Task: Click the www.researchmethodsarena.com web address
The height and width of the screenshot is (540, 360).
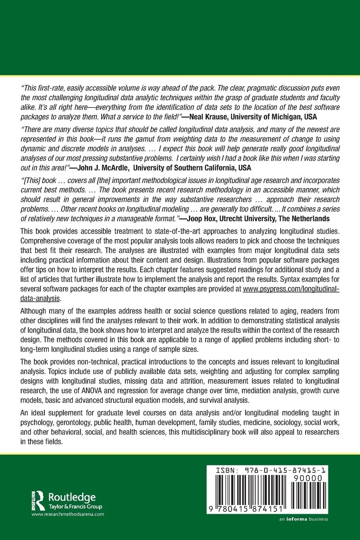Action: click(67, 514)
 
